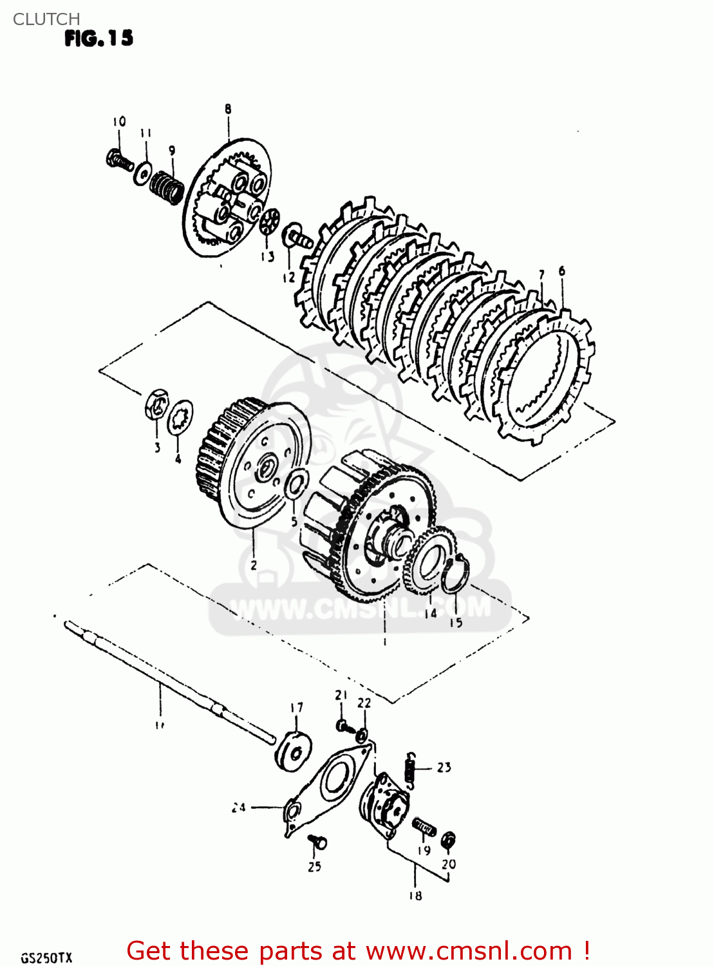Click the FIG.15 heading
click(x=99, y=39)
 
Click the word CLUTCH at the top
click(x=46, y=19)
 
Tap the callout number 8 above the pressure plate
click(x=228, y=109)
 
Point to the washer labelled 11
click(x=143, y=173)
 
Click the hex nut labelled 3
click(x=156, y=405)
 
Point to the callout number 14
click(x=430, y=613)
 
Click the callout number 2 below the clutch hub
click(x=254, y=565)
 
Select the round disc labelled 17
click(x=293, y=749)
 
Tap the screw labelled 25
click(x=317, y=842)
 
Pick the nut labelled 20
click(x=449, y=840)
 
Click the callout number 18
click(x=415, y=895)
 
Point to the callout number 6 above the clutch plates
click(x=562, y=271)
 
